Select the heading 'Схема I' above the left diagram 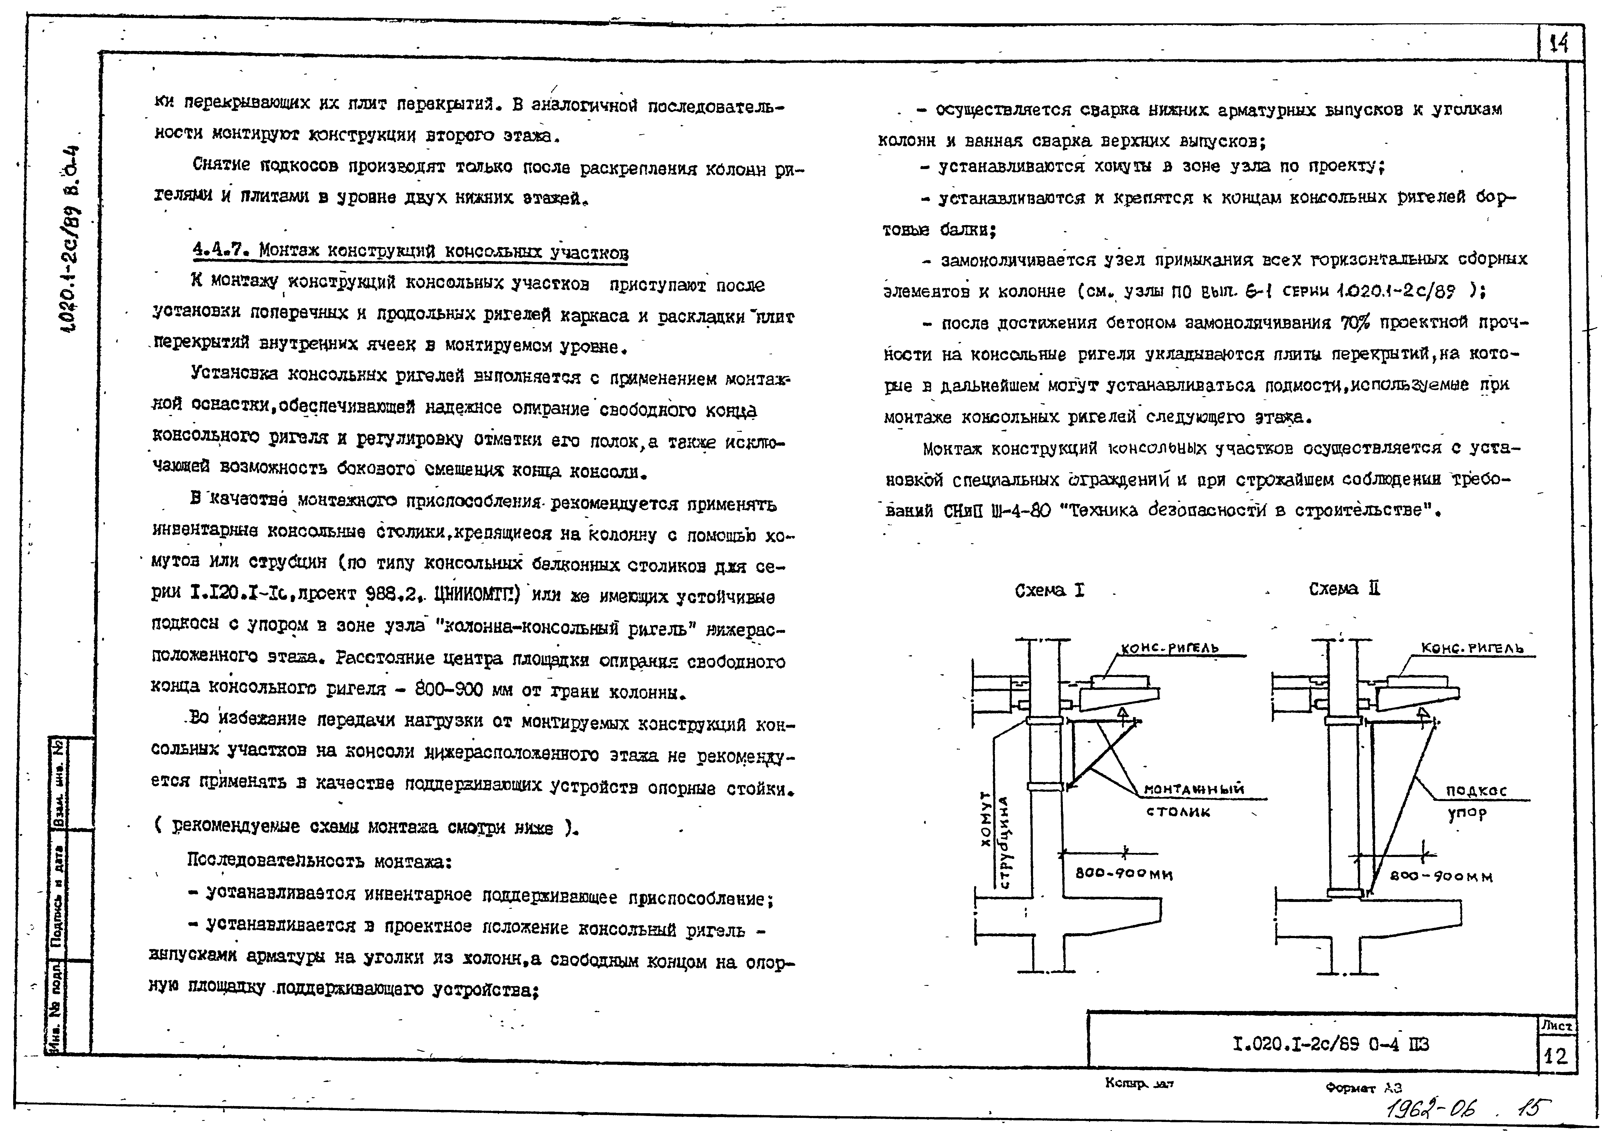coord(1049,591)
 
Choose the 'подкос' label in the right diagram coord(1476,790)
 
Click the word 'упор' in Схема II coord(1467,813)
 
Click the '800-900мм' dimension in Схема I coord(1123,873)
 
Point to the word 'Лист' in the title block coord(1556,1026)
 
